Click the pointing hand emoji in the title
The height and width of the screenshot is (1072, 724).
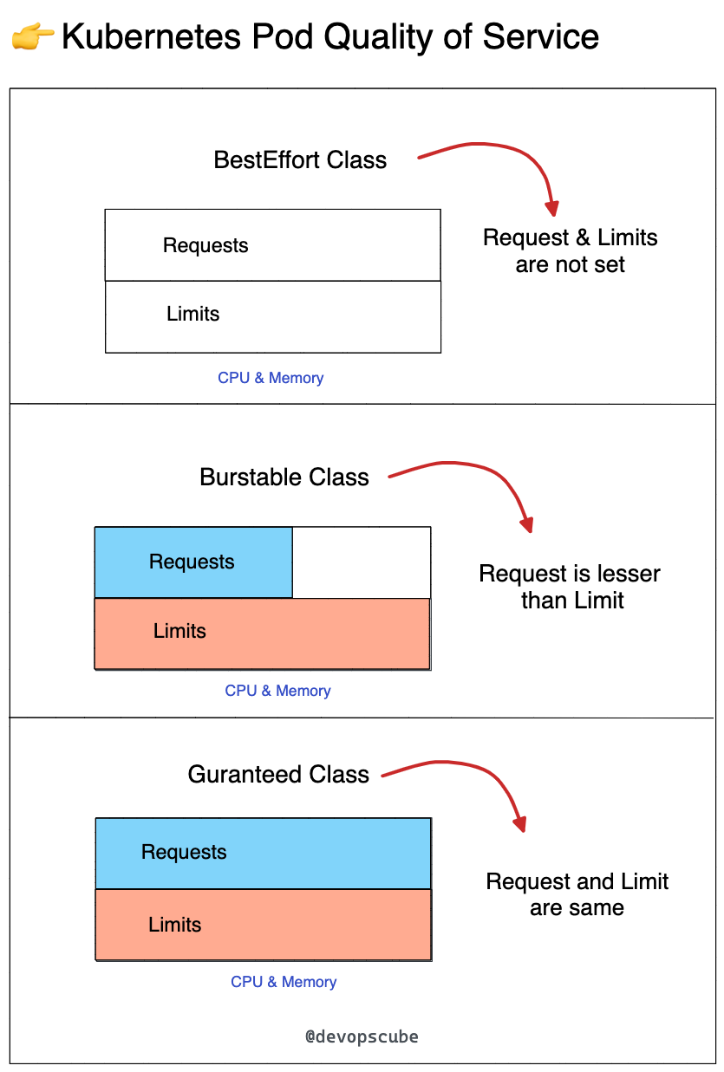coord(32,37)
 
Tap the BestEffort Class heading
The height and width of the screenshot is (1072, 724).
coord(300,160)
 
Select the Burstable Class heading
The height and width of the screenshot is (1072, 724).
coord(284,478)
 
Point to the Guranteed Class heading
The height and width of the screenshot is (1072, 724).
coord(278,774)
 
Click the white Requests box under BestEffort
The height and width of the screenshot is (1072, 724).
coord(272,245)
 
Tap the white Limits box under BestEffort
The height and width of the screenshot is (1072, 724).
coord(272,316)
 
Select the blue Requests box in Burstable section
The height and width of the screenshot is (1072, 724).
coord(193,562)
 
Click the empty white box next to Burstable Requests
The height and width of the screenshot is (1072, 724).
coord(361,562)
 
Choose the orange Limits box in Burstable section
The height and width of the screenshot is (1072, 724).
coord(262,633)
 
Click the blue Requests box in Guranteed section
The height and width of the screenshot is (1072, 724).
coord(263,853)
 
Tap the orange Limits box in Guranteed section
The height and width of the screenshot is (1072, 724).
coord(263,925)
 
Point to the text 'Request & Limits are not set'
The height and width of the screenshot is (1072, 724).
coord(570,250)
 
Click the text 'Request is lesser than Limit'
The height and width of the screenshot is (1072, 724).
coord(570,587)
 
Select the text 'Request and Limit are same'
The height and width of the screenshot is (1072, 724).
coord(577,894)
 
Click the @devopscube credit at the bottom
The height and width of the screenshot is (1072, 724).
coord(362,1036)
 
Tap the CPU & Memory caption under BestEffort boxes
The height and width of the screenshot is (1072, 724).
coord(271,378)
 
